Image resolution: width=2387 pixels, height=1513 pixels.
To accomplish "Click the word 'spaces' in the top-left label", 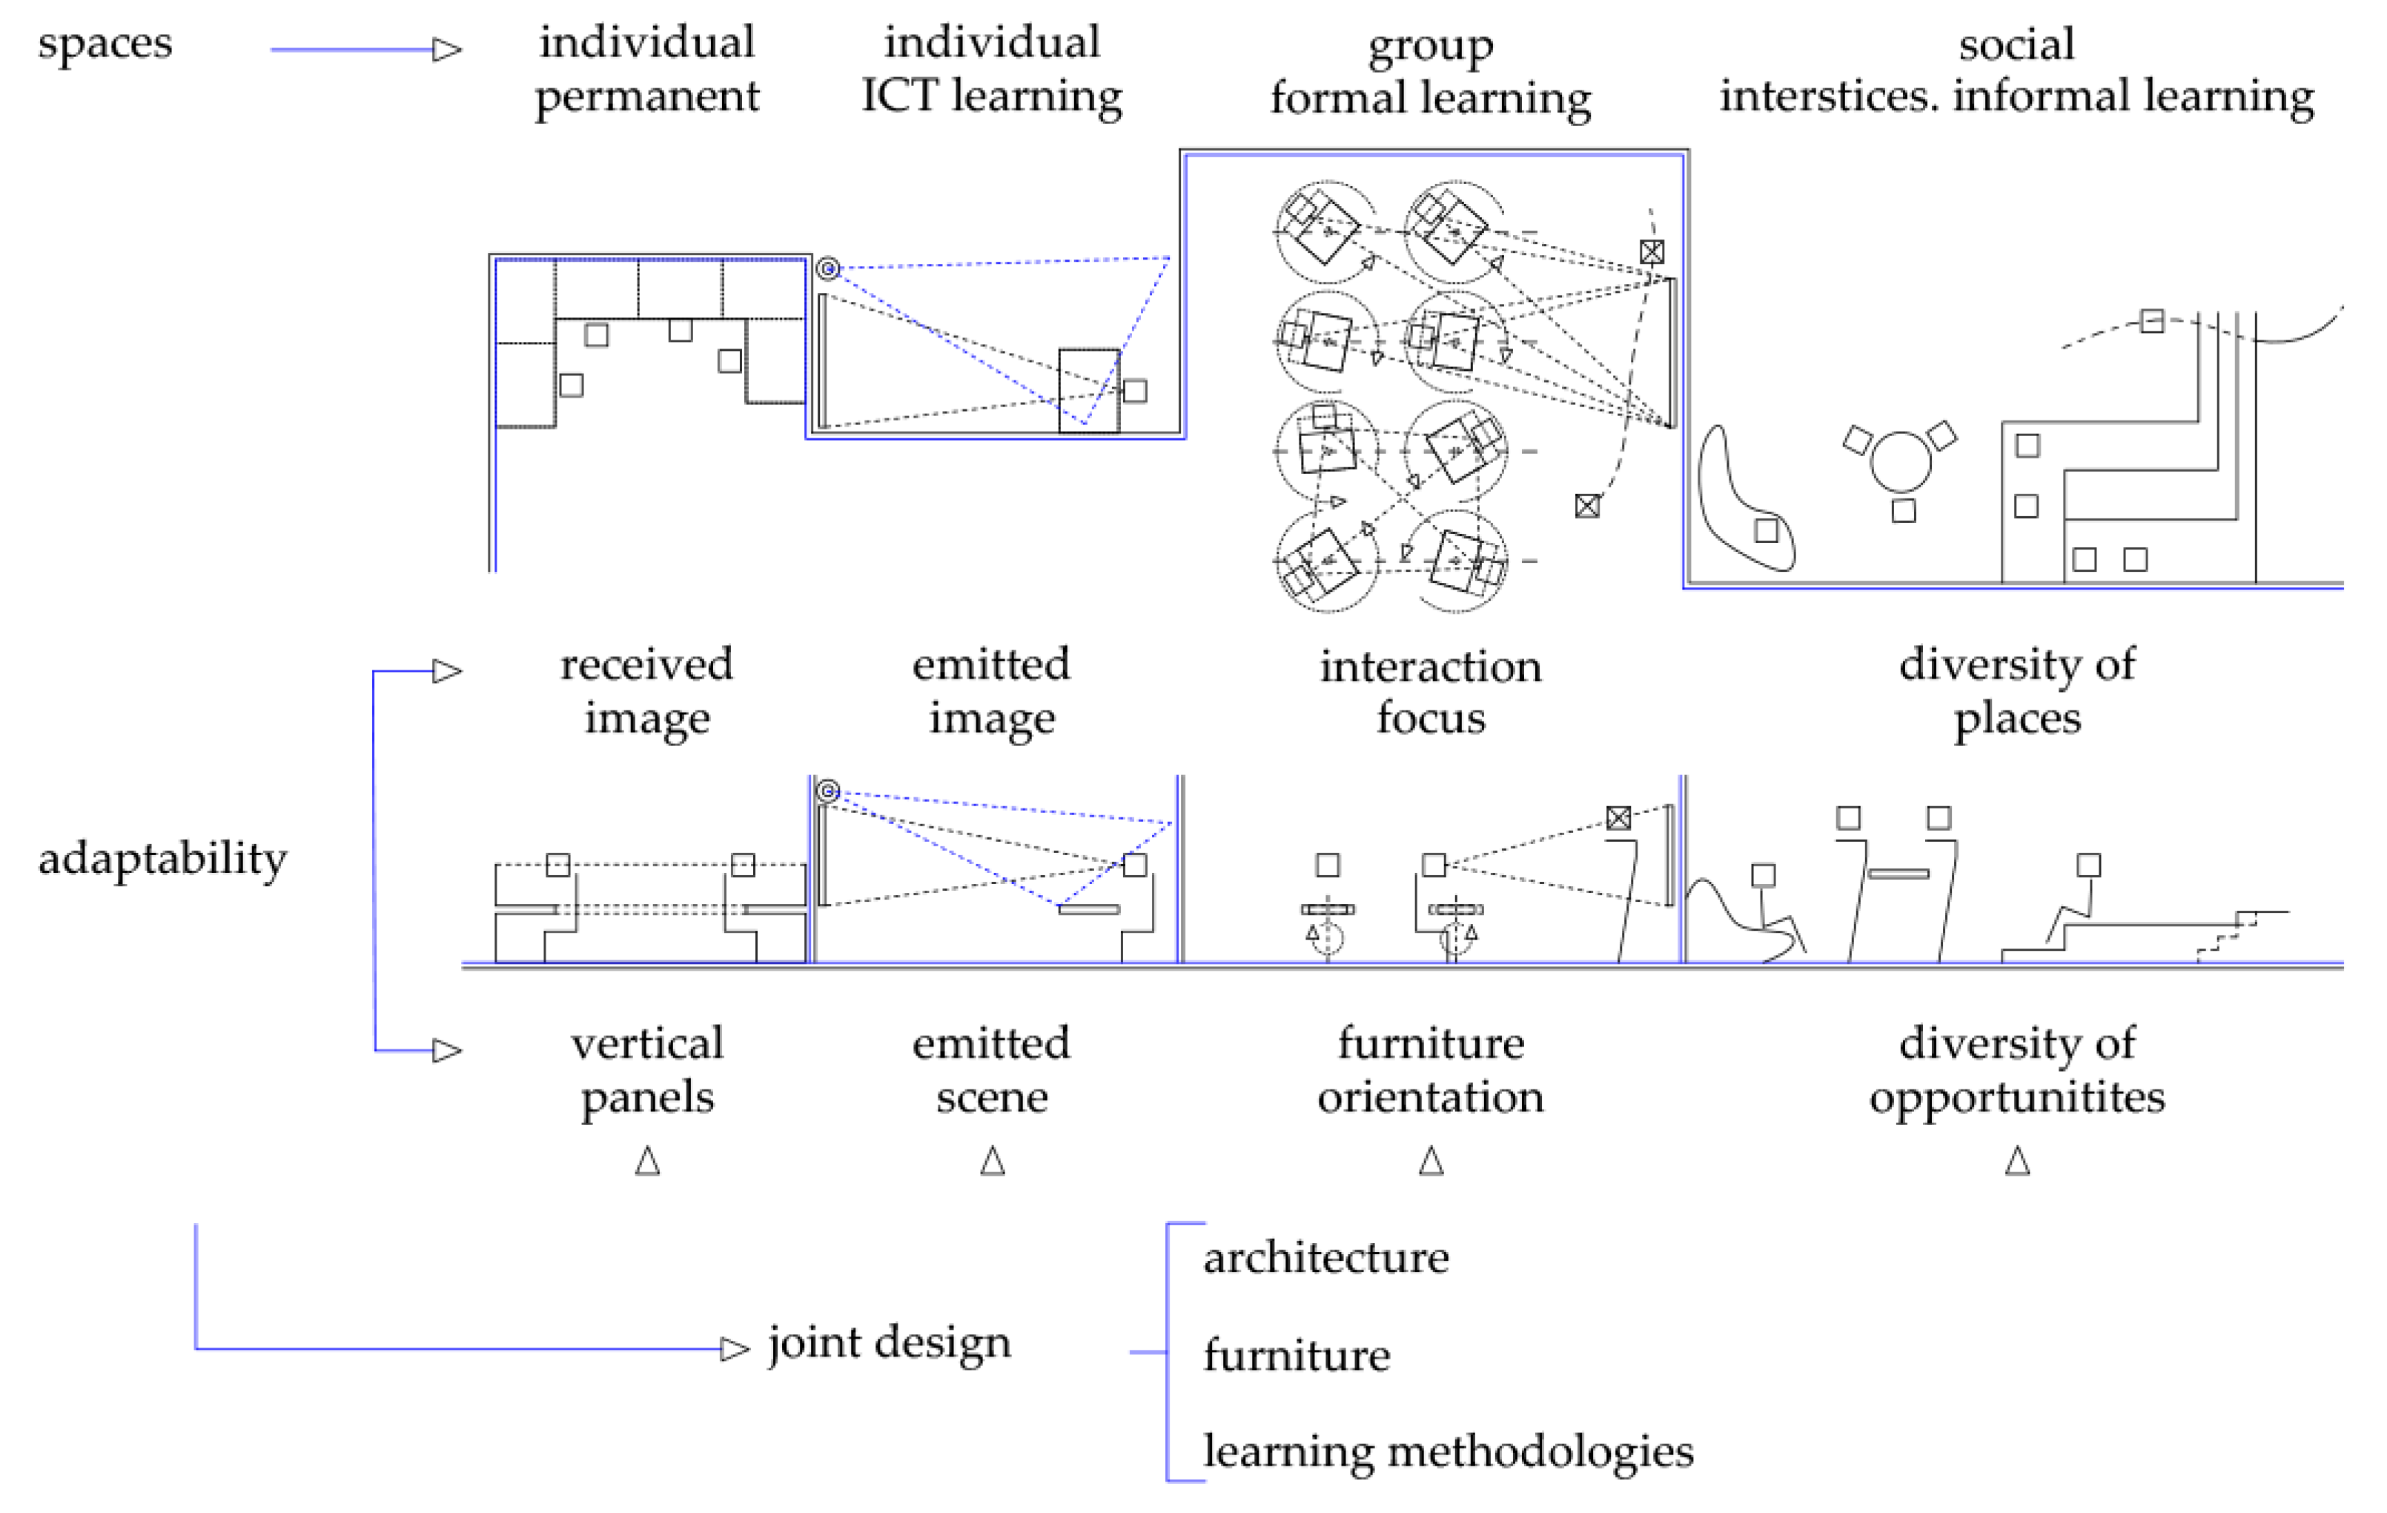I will tap(104, 44).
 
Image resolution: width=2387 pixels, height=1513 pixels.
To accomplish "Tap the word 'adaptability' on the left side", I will tap(162, 859).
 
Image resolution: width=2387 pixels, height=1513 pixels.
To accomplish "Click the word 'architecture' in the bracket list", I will tap(1325, 1257).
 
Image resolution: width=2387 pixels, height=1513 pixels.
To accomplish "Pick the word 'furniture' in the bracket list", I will tap(1296, 1354).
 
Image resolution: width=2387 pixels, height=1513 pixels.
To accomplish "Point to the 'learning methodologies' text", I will tap(1447, 1451).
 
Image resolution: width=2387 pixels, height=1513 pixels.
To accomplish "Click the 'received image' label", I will tap(646, 691).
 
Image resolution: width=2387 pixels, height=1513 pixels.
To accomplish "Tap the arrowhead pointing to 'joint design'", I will tap(735, 1349).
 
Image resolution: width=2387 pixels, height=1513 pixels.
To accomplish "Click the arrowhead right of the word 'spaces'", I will tap(447, 50).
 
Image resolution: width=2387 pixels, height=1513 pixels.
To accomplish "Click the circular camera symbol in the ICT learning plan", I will tap(828, 268).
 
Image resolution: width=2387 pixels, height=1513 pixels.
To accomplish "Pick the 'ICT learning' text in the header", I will tap(991, 96).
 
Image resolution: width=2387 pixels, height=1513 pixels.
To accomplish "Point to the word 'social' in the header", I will tap(2016, 44).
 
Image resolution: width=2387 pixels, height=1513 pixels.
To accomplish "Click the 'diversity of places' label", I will tap(2016, 691).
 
